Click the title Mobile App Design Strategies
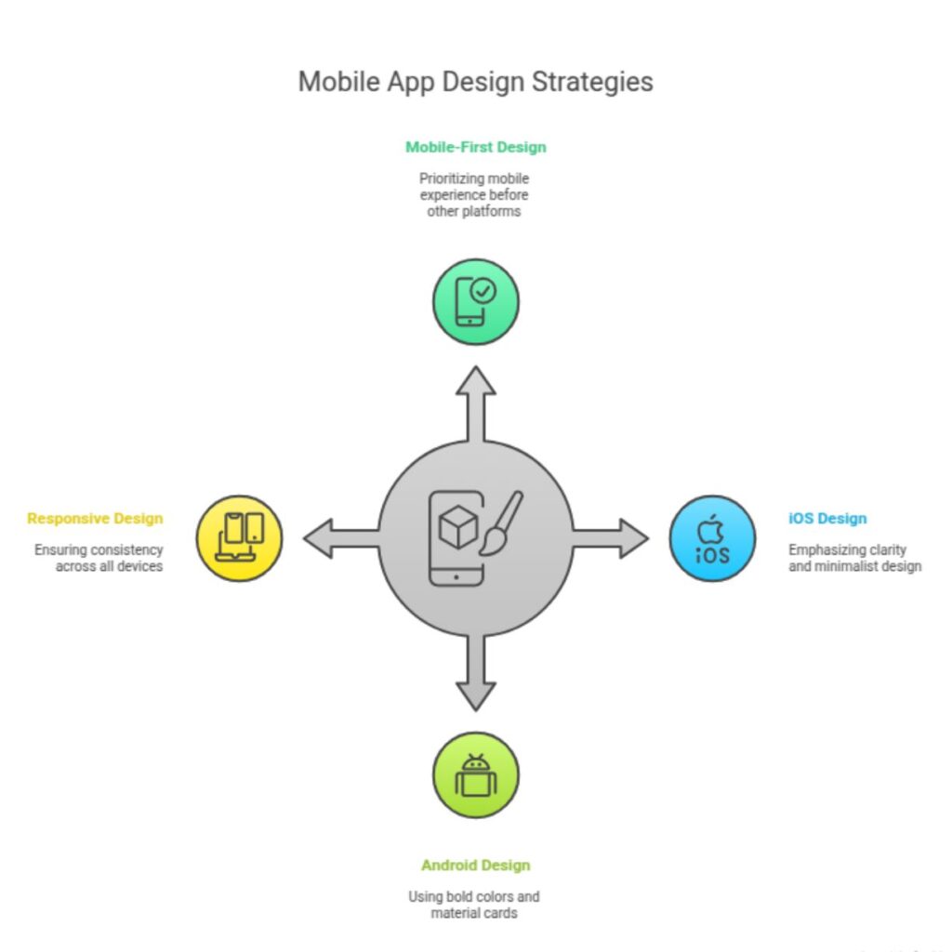pos(475,82)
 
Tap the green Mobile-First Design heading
pos(476,147)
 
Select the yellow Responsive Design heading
pos(96,519)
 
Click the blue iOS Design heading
pos(827,519)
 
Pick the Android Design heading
pos(476,866)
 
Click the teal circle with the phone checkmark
pos(476,302)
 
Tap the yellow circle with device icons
pos(239,538)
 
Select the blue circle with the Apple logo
pos(713,538)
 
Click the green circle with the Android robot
pos(476,775)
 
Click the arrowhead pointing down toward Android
pos(476,696)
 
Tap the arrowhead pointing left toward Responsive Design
pos(318,538)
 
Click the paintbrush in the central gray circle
pos(501,522)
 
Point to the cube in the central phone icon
pos(457,526)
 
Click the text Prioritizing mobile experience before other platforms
pos(474,195)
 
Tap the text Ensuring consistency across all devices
pos(99,558)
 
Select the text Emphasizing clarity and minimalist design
pos(855,558)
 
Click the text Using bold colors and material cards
pos(474,905)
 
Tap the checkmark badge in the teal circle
pos(483,291)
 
